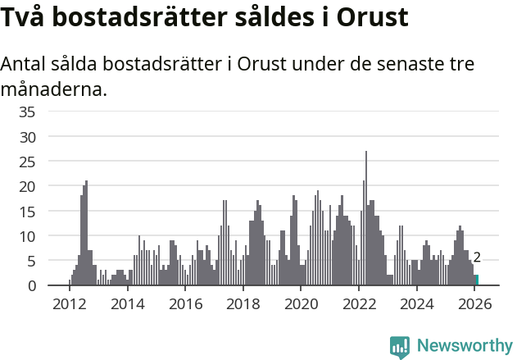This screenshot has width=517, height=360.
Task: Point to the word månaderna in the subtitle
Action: (54, 89)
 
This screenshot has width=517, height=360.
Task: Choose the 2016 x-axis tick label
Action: (185, 304)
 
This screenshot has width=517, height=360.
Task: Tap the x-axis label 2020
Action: (301, 304)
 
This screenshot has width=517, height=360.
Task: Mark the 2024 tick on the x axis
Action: (416, 304)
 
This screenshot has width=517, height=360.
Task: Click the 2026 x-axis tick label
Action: (474, 304)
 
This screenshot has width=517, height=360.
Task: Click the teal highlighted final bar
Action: (477, 280)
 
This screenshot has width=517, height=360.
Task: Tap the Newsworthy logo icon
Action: (400, 346)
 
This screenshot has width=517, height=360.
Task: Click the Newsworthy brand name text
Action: (465, 346)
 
